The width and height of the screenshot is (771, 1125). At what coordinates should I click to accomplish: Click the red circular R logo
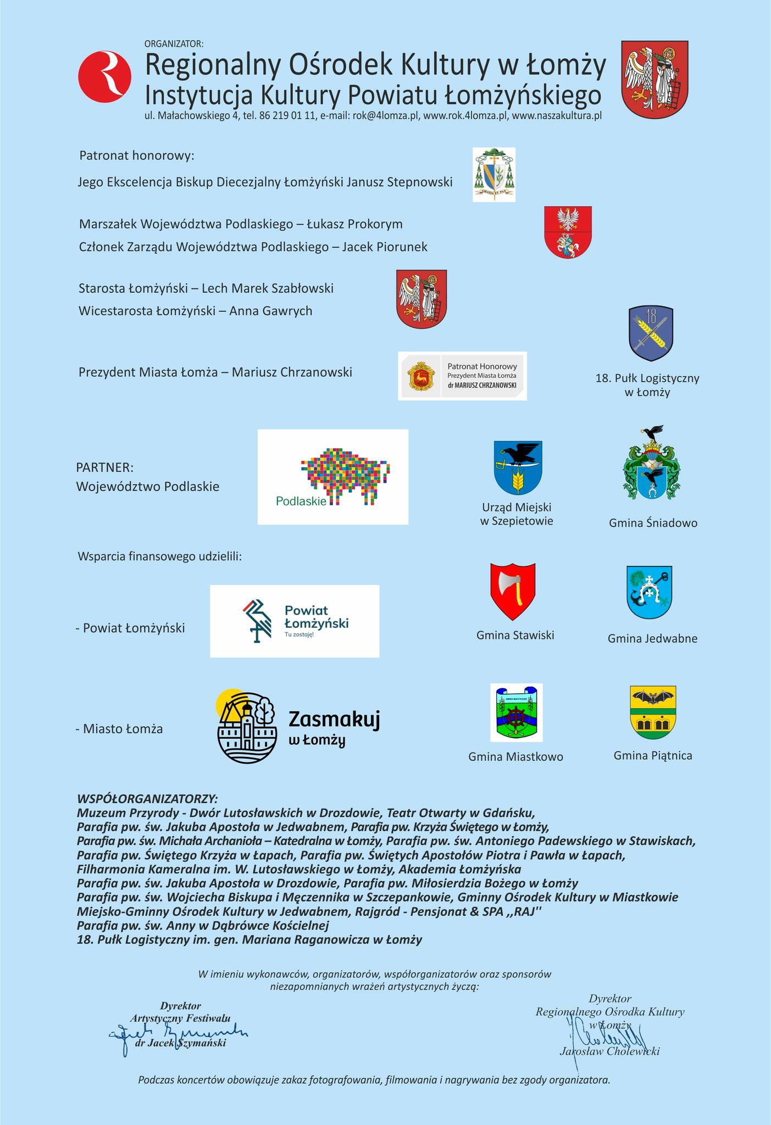point(104,76)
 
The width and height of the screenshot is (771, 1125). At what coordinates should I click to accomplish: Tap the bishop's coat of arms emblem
point(494,174)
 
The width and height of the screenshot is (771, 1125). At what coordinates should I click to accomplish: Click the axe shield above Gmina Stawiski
point(513,592)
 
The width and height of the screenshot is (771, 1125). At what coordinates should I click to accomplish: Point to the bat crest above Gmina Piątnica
point(653,712)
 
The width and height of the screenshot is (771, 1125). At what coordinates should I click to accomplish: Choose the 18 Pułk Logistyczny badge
point(651,333)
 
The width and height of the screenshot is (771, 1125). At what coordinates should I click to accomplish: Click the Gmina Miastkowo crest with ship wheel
point(516,712)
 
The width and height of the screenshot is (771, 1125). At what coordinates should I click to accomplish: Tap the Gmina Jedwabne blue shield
point(650,593)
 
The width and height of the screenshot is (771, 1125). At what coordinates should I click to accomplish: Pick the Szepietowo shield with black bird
point(518,467)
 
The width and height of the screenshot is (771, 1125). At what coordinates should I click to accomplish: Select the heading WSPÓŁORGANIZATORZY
point(147,798)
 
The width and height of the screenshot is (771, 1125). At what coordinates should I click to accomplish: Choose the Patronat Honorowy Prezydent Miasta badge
point(462,376)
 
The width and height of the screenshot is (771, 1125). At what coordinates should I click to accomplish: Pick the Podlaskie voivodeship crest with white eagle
point(568,232)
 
